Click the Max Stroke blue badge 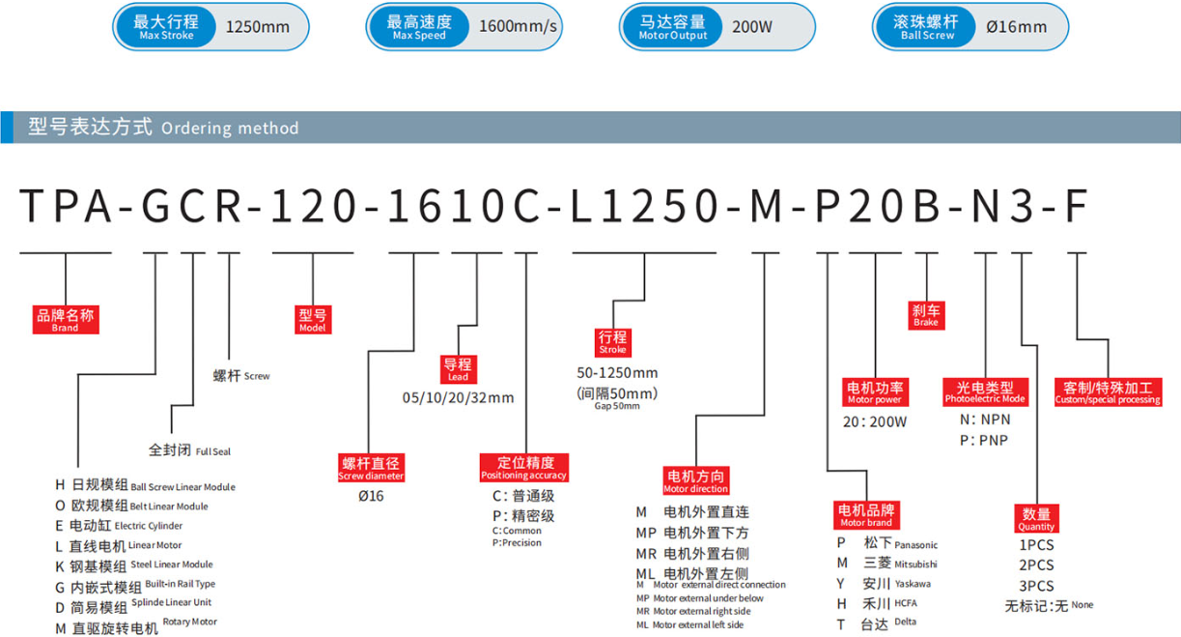(x=166, y=27)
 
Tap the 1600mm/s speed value (x=518, y=26)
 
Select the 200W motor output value (x=752, y=27)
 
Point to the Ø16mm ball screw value (x=1017, y=27)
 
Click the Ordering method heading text (x=163, y=128)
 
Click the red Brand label (x=66, y=320)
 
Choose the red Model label (x=313, y=320)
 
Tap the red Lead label (x=458, y=369)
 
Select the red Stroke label (x=612, y=342)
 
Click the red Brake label (x=926, y=315)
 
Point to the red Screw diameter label (x=371, y=468)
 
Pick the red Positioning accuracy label (x=524, y=468)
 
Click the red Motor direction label (x=696, y=480)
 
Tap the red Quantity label (x=1036, y=518)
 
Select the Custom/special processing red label (x=1108, y=392)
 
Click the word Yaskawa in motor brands (x=913, y=584)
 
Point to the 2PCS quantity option (x=1036, y=565)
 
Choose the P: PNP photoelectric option (x=984, y=440)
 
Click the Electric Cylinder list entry (x=119, y=526)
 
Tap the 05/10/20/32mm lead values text (x=458, y=397)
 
